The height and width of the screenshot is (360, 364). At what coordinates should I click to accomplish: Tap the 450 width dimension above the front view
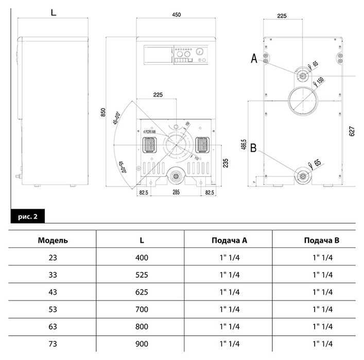click(176, 15)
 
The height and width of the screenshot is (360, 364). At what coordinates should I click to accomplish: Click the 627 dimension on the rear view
click(352, 132)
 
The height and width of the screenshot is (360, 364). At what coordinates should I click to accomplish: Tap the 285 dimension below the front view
click(177, 192)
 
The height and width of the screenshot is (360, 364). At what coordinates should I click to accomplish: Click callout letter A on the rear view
click(254, 59)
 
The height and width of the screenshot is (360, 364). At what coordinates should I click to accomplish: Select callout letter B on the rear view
click(253, 150)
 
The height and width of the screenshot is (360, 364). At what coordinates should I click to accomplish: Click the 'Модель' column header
click(53, 240)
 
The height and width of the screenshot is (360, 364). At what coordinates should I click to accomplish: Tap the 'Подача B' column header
click(322, 240)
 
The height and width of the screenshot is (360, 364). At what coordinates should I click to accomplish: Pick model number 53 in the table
click(53, 309)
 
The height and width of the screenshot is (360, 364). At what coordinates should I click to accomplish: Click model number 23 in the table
click(53, 258)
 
